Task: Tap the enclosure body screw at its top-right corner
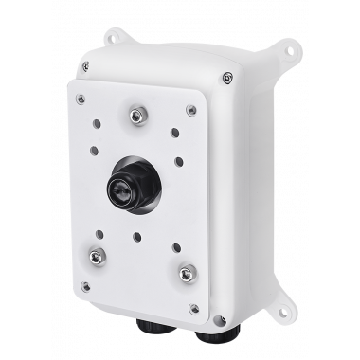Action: pyautogui.click(x=227, y=77)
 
